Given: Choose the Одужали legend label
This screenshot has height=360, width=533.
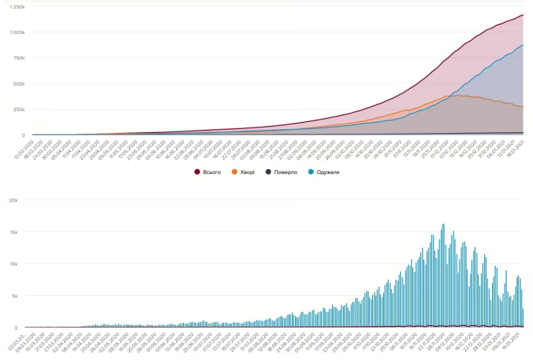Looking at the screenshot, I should pyautogui.click(x=328, y=172).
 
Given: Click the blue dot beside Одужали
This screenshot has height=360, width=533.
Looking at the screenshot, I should pyautogui.click(x=310, y=172).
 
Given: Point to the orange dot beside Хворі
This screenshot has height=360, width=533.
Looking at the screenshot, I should pyautogui.click(x=235, y=172).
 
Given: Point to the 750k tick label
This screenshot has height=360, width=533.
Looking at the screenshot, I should pyautogui.click(x=18, y=58).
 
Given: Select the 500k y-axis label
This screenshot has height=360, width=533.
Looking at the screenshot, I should pyautogui.click(x=18, y=83).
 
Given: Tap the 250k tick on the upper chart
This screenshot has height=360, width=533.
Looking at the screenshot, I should pyautogui.click(x=18, y=109).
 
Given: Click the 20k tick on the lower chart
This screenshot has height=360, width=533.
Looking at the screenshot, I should pyautogui.click(x=13, y=199).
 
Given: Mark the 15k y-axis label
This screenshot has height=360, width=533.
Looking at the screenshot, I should pyautogui.click(x=13, y=231).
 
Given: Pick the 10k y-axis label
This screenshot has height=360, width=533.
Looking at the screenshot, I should pyautogui.click(x=13, y=263).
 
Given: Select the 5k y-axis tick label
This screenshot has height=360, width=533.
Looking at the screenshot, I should pyautogui.click(x=14, y=295).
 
